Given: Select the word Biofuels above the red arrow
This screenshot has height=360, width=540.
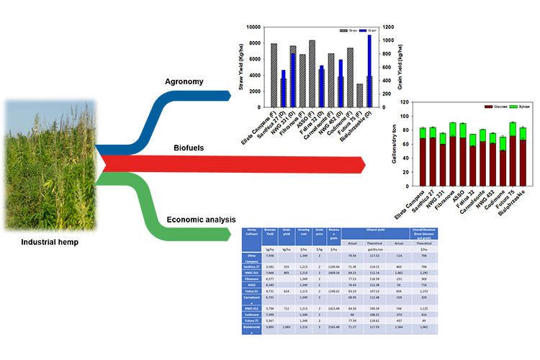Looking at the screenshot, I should (x=189, y=147).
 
